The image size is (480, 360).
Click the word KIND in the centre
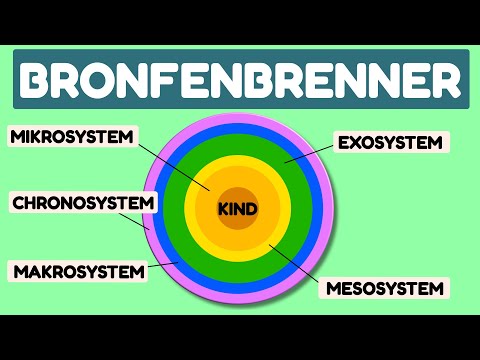point(238,210)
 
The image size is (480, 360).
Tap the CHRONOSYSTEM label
point(84,204)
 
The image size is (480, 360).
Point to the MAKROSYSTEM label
point(77,271)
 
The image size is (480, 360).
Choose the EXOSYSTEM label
point(389,143)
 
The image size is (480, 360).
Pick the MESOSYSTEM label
point(384,290)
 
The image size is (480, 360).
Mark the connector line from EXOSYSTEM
point(306,153)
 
